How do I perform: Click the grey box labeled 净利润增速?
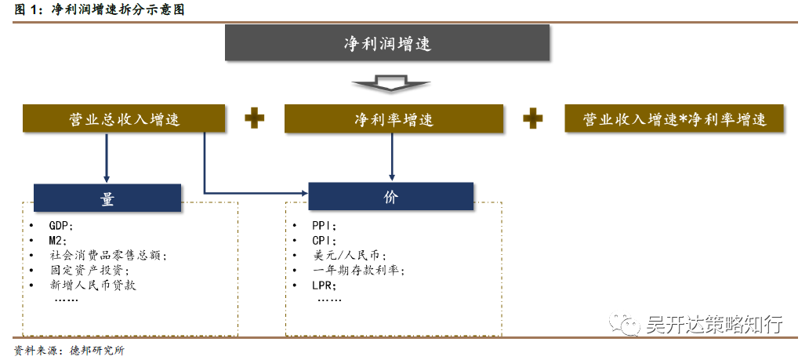click(387, 43)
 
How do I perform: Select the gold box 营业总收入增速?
click(124, 119)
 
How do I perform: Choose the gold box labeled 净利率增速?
click(393, 119)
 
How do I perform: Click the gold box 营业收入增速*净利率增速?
click(674, 119)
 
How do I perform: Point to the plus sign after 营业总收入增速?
click(254, 118)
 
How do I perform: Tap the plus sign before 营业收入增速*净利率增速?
click(533, 118)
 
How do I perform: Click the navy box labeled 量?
click(107, 198)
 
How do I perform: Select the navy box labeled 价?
click(390, 197)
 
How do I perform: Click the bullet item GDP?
click(61, 225)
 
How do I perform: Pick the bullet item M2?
click(58, 240)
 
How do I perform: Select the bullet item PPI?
click(324, 225)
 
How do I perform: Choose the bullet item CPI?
click(324, 240)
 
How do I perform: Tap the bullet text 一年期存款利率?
click(357, 270)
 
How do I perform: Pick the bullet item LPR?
click(324, 285)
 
